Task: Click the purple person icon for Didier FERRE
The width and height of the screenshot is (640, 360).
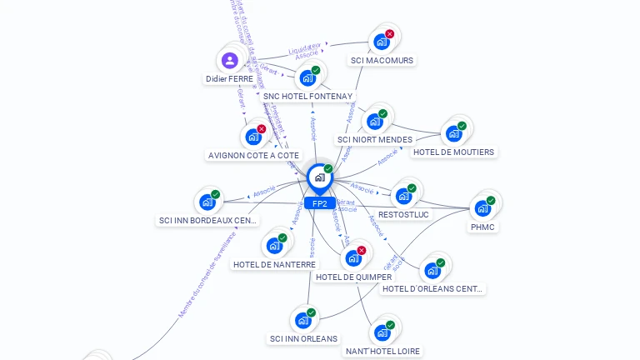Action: click(x=229, y=60)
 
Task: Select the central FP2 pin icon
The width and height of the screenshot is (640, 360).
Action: click(x=319, y=177)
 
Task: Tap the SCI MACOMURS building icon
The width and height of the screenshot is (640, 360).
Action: click(x=382, y=42)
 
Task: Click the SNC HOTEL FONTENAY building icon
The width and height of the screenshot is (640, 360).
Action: click(x=307, y=78)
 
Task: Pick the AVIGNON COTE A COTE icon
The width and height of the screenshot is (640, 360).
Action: click(x=253, y=137)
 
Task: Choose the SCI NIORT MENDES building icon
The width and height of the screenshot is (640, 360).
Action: click(x=375, y=122)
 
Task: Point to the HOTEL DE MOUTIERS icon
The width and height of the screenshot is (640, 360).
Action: click(x=454, y=133)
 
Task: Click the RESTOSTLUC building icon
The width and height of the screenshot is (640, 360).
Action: click(x=404, y=196)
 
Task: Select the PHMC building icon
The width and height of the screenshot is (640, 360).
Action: click(x=482, y=207)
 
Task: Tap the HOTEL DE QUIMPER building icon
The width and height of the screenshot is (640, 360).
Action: click(x=353, y=257)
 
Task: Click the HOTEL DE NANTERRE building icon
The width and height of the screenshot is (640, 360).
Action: click(x=274, y=246)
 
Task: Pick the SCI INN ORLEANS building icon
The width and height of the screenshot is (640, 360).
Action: click(x=303, y=320)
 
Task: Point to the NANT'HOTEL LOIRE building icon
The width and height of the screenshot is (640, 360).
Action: click(x=382, y=332)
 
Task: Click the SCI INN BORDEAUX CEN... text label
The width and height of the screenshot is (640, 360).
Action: click(x=207, y=221)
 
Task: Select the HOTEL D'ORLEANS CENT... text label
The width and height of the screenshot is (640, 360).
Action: click(x=432, y=289)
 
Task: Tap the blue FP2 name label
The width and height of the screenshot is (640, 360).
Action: click(x=320, y=203)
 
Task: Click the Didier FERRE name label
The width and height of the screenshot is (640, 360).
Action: click(x=229, y=79)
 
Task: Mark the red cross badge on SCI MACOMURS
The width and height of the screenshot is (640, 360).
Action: click(x=389, y=34)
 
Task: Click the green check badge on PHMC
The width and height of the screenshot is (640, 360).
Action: click(x=491, y=200)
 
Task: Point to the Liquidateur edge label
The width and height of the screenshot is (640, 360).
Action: click(x=304, y=48)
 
